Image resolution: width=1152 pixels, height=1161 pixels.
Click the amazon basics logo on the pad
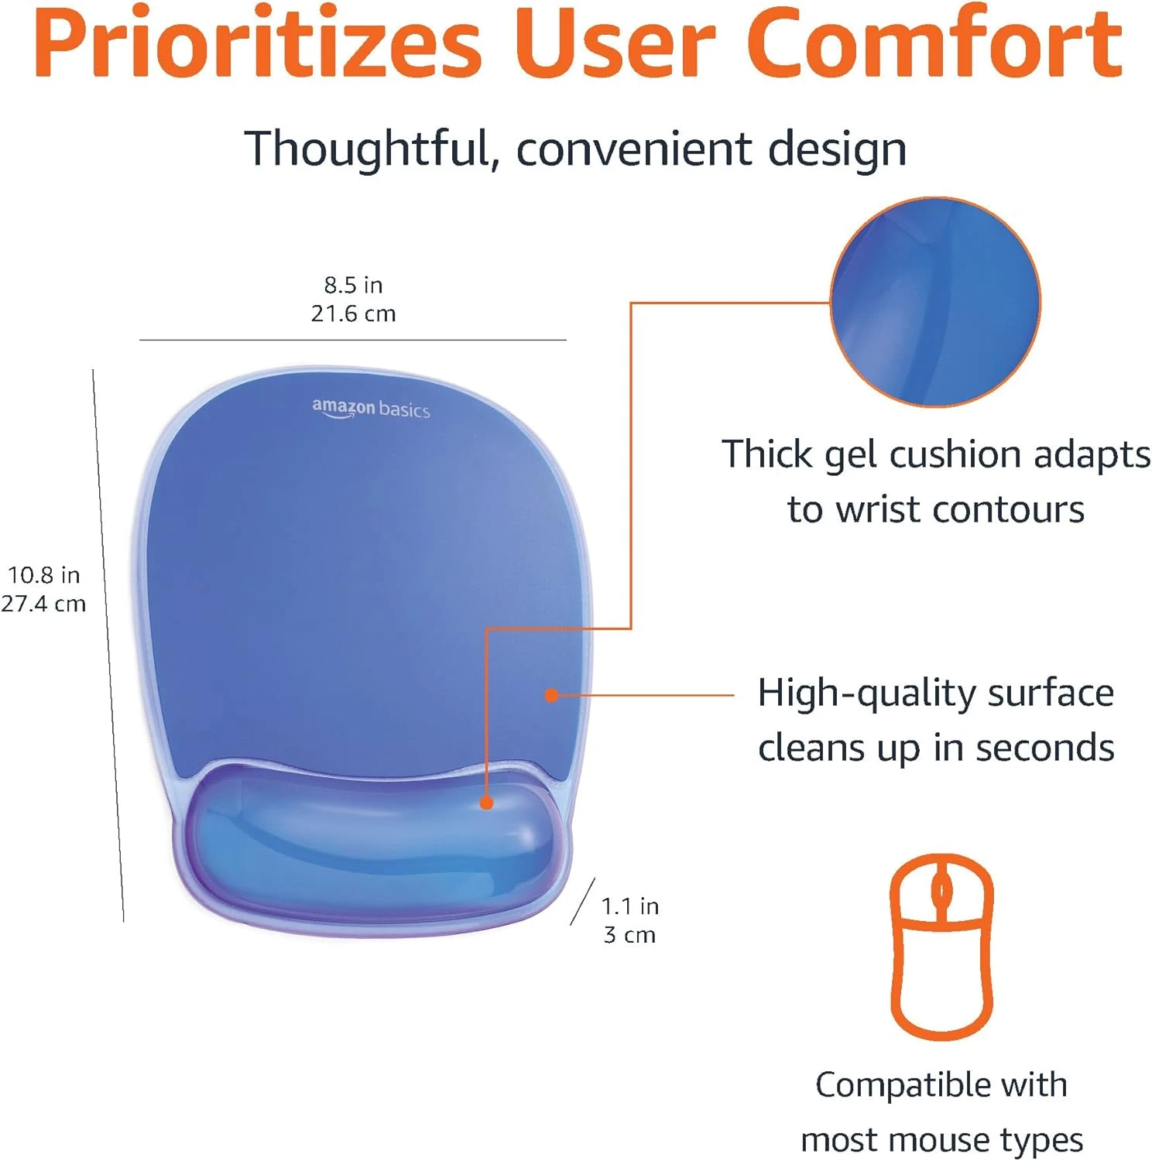(371, 408)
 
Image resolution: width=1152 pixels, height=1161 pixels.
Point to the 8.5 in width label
(353, 285)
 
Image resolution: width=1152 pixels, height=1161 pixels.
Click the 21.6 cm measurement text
(353, 313)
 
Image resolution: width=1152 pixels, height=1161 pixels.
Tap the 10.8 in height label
(44, 575)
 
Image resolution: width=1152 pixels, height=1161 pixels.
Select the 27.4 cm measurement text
(43, 604)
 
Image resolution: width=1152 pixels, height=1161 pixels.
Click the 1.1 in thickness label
(630, 906)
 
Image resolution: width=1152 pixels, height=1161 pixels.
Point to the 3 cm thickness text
(629, 935)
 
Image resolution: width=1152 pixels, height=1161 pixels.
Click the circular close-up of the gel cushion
(935, 302)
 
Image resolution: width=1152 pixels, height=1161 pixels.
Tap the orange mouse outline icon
(941, 947)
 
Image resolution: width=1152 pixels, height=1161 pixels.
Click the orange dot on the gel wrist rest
(486, 803)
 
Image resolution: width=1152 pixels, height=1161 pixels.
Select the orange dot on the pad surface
(551, 695)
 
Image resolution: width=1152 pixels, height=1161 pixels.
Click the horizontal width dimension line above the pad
(353, 340)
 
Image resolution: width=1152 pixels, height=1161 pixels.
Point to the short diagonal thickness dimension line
(583, 901)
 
